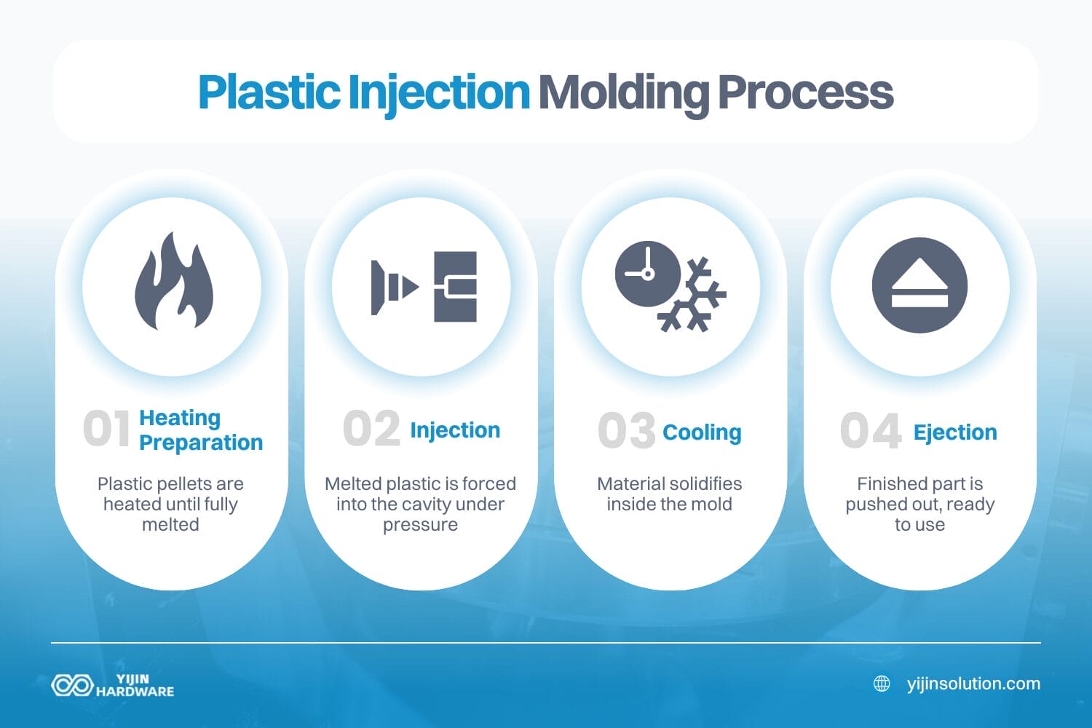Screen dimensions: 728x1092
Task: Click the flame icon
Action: coord(173,282)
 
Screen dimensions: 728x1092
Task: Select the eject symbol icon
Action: coord(919,285)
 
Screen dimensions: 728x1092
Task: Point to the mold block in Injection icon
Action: coord(455,287)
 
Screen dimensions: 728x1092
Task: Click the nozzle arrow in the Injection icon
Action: coord(394,287)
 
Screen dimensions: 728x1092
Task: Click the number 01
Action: coord(107,429)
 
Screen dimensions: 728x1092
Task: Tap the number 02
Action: coord(371,429)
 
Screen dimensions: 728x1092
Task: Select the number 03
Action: coord(626,431)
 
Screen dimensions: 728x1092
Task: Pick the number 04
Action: coord(871,431)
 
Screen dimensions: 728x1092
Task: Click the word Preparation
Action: coord(201,443)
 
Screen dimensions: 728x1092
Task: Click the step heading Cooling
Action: coord(702,432)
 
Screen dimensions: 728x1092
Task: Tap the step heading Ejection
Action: coord(955,432)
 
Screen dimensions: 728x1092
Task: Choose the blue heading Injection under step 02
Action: coord(455,430)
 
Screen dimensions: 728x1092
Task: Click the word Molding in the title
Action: coord(623,93)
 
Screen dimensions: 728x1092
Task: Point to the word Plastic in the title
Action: coord(269,92)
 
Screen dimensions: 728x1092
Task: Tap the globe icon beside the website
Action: coord(882,684)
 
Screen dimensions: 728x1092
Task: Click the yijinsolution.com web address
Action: coord(973,684)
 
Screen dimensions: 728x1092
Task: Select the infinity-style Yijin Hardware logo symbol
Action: coord(71,685)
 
